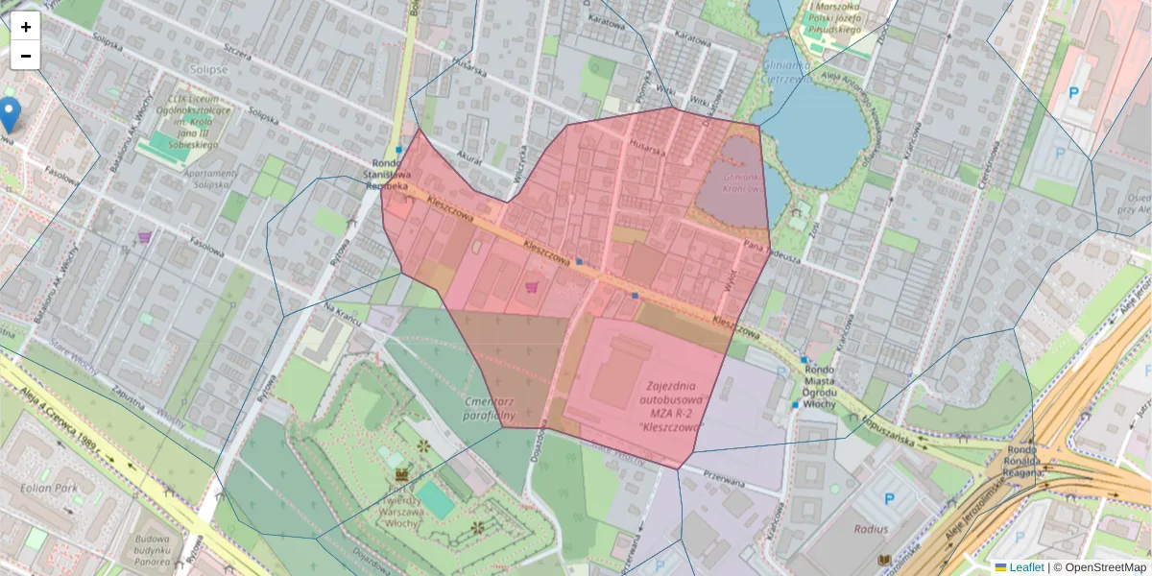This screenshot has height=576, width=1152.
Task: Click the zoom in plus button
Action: (x=26, y=28)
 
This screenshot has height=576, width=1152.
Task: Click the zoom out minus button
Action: (x=26, y=57)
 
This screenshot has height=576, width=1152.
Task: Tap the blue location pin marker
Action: (x=10, y=114)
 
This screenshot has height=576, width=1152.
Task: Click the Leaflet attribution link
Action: (x=1026, y=567)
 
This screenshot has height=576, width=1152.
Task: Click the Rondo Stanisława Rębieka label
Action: (x=391, y=176)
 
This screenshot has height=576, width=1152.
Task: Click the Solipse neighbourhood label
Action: (x=209, y=70)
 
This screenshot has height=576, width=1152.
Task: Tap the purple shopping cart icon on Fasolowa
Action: (x=145, y=237)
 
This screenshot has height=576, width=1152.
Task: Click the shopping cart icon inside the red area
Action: (x=530, y=286)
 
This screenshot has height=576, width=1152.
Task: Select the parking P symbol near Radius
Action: (x=889, y=499)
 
